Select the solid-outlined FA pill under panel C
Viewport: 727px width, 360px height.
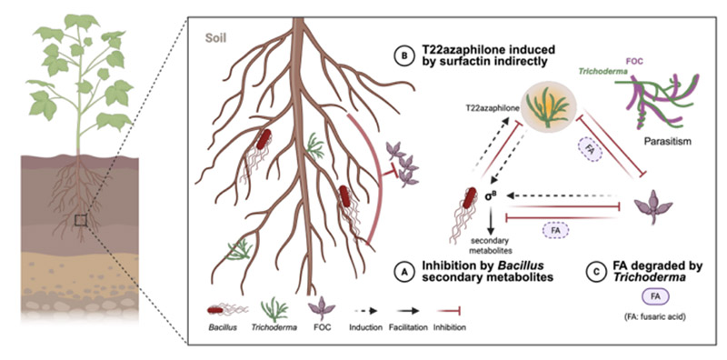pos(655,297)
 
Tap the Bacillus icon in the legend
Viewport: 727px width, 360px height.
pos(227,309)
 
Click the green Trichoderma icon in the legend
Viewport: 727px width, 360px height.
pos(274,307)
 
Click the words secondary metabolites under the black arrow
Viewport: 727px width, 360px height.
pos(491,245)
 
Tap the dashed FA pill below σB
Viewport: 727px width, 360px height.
pos(555,229)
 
